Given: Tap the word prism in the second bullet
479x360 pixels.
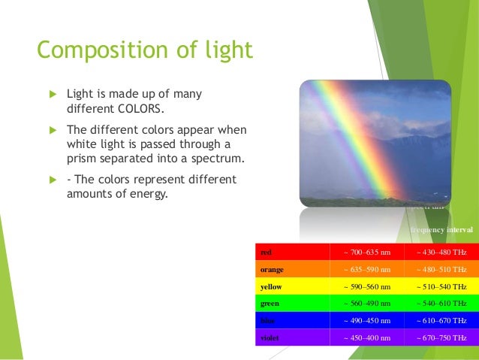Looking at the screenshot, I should [x=81, y=159].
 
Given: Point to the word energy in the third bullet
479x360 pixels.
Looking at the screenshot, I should [x=147, y=193].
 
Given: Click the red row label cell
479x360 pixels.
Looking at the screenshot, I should [x=293, y=252].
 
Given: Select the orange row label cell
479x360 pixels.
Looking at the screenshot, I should [x=293, y=269].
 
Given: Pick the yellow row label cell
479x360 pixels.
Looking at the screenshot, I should [x=293, y=286].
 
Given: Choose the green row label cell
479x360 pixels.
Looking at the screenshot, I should [x=293, y=304].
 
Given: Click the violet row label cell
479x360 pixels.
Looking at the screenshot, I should [x=293, y=338].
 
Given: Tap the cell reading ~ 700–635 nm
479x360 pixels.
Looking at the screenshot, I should [x=367, y=252].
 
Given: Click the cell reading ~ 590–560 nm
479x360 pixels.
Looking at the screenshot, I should [x=367, y=286].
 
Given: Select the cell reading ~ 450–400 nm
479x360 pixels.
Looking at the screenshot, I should [x=367, y=338].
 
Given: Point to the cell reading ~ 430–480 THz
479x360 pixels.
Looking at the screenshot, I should [x=441, y=252].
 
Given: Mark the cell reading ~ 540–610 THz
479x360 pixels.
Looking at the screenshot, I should [x=441, y=304].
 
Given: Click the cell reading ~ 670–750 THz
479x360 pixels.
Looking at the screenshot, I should [x=441, y=338].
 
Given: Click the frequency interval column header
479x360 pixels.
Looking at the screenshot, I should [x=441, y=228].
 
